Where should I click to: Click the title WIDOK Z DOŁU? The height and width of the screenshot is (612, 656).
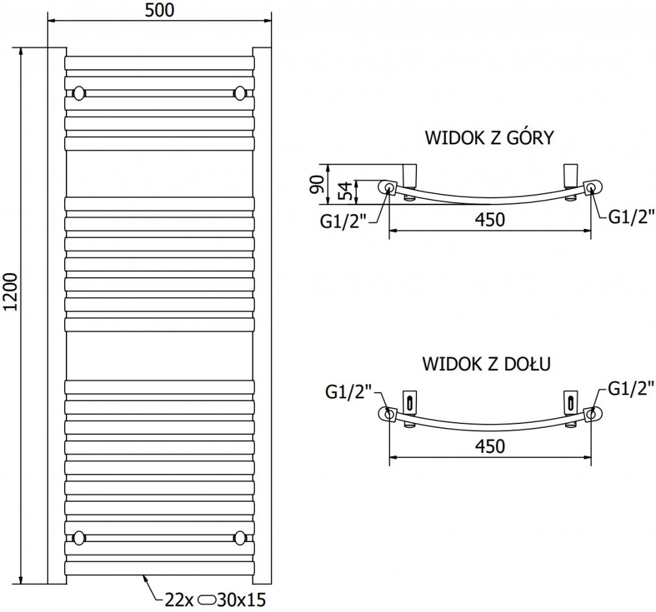(488, 364)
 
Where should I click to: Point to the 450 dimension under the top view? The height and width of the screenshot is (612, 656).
(490, 219)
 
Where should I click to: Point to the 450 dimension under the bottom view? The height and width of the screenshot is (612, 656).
(490, 445)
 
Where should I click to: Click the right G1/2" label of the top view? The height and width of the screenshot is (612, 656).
(631, 217)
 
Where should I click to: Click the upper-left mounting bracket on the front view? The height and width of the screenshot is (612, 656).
(79, 93)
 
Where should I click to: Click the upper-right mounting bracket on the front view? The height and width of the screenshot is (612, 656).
(240, 93)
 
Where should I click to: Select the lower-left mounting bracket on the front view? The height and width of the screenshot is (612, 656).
(79, 536)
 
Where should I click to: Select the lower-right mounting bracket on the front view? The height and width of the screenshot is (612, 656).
(240, 536)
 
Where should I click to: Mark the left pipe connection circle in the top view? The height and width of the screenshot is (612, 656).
(389, 188)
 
